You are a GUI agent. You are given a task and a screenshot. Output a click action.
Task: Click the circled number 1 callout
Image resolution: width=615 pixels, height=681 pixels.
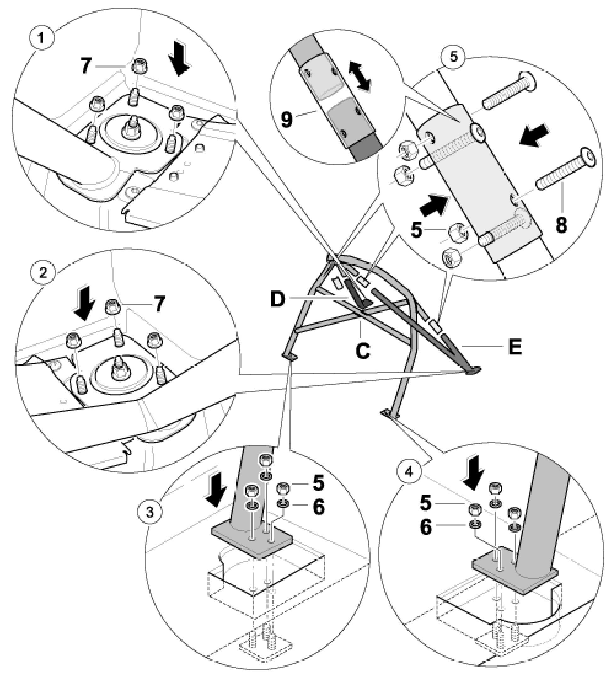click(x=41, y=38)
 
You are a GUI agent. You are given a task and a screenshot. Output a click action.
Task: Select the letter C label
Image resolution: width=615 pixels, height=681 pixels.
click(x=362, y=351)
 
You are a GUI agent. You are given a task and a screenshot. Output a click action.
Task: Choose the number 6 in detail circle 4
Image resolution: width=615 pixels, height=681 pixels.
click(x=425, y=527)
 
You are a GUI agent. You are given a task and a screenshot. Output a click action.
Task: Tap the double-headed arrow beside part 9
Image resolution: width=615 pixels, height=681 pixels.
click(x=360, y=76)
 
